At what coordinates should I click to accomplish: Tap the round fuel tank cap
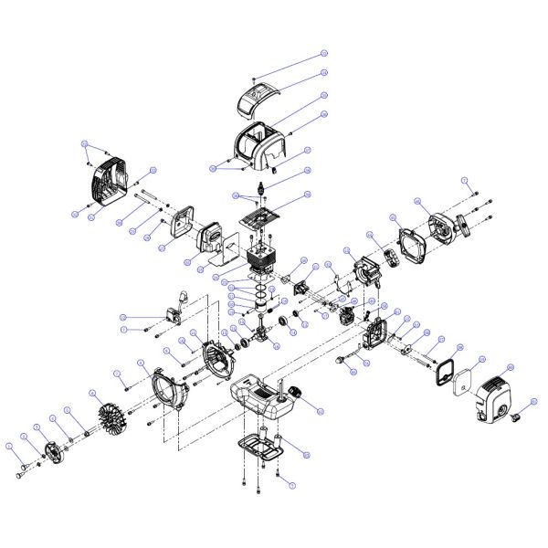click(296, 394)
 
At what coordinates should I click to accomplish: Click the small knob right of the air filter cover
click(516, 418)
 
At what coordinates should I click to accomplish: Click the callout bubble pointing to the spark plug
click(308, 171)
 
